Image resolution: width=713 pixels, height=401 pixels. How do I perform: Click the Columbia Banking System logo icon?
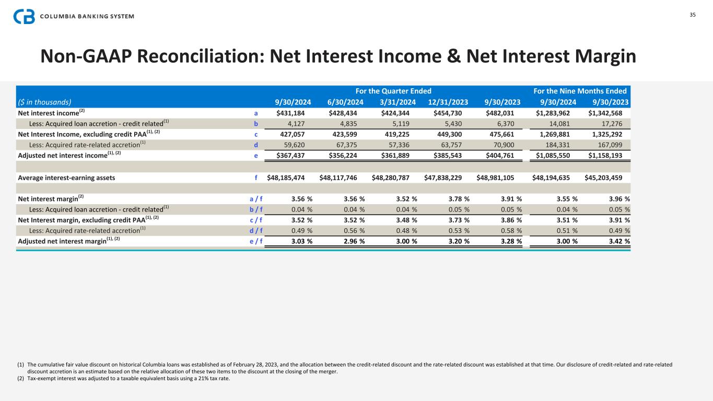coord(24,16)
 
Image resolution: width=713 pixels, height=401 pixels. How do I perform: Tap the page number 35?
coord(693,15)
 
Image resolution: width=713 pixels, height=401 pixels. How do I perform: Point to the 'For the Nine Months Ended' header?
coord(580,90)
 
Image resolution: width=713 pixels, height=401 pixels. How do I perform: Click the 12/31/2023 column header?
coord(448,102)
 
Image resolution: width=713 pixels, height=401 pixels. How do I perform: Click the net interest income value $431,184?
coord(294,112)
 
